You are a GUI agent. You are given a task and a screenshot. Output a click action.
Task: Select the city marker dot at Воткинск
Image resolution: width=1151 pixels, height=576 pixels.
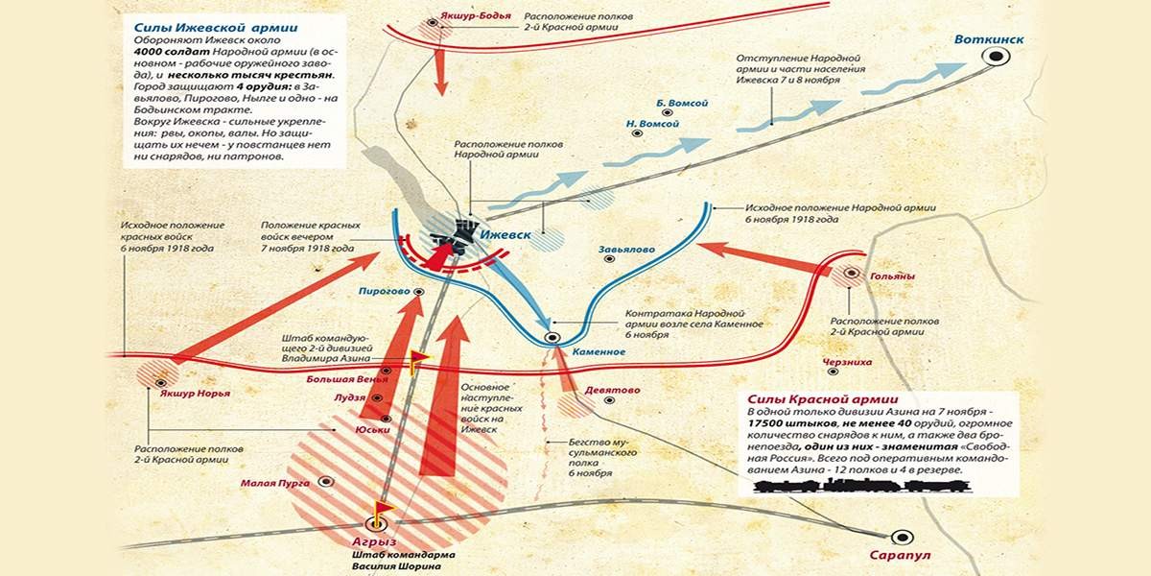997,58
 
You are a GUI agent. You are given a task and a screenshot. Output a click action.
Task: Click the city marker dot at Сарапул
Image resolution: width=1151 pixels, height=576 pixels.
901,538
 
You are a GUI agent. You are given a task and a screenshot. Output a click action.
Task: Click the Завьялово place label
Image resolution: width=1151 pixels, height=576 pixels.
627,250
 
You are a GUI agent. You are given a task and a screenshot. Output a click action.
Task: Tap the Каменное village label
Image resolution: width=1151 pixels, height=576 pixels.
599,352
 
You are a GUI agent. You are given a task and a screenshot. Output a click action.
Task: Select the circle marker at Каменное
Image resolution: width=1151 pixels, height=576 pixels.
552,337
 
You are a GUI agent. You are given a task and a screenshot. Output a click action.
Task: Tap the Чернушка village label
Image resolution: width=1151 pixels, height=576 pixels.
847,362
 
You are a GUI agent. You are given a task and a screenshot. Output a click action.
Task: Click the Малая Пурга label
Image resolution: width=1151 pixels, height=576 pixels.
275,483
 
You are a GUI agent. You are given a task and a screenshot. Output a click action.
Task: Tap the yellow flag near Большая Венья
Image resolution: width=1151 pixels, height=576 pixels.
420,358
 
